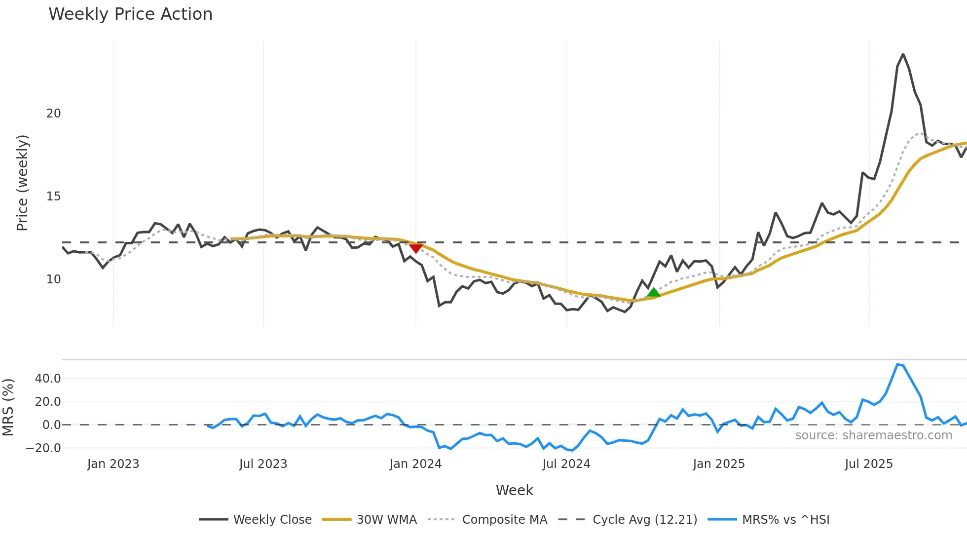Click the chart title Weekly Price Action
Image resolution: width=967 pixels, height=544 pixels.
130,14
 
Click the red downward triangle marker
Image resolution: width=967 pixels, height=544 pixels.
416,248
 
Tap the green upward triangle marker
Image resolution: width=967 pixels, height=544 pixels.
653,293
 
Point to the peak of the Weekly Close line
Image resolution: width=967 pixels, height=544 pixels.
903,54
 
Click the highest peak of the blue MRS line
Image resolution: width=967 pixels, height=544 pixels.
897,364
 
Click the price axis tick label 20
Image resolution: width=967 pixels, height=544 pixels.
53,114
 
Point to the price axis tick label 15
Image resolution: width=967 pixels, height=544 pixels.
53,196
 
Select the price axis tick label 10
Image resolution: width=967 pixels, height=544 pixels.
53,279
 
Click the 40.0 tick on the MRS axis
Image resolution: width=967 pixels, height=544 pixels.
48,379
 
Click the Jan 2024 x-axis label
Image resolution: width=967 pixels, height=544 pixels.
415,464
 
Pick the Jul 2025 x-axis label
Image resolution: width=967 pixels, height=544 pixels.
868,464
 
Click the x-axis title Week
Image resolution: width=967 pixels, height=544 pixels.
514,490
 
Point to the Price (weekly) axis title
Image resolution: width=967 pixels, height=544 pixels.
22,183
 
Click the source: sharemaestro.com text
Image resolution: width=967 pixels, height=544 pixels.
873,435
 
